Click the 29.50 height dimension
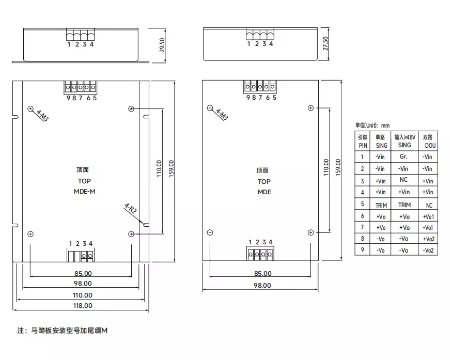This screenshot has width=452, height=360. click(x=162, y=45)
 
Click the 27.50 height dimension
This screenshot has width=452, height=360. click(x=325, y=43)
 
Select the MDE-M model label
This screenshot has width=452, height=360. click(x=84, y=192)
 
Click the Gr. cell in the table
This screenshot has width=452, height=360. click(x=404, y=156)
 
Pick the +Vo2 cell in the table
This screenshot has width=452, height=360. click(x=428, y=239)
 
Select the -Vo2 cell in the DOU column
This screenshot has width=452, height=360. click(x=428, y=251)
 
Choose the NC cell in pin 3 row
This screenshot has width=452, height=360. click(x=404, y=180)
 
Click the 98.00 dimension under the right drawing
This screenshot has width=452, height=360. click(x=262, y=285)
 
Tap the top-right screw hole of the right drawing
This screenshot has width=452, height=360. click(x=310, y=107)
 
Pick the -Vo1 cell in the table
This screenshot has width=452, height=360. click(x=428, y=227)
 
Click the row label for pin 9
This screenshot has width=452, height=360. click(x=363, y=251)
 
